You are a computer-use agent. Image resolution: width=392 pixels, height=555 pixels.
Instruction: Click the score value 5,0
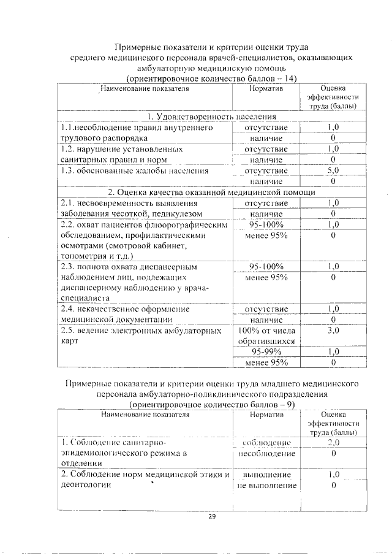tap(333, 170)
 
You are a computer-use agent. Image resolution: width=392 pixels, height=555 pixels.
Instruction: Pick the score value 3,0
tap(333, 331)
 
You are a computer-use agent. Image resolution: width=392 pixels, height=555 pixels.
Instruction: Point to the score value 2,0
tap(333, 442)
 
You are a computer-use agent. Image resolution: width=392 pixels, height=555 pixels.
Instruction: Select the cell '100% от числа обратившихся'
tap(266, 335)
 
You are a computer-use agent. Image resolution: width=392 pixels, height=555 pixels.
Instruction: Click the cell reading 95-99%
tap(266, 352)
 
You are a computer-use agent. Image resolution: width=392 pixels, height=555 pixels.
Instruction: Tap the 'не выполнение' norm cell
tap(266, 486)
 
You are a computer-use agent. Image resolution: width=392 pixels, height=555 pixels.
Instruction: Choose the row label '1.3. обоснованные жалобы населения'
tap(135, 170)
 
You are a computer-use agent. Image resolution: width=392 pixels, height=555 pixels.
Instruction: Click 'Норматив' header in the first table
tap(266, 89)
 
